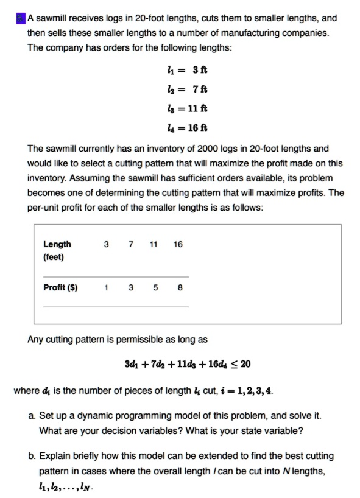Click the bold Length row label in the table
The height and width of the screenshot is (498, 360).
pos(57,244)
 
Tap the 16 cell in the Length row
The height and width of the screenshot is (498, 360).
pos(178,244)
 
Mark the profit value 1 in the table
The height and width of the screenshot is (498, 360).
pos(107,287)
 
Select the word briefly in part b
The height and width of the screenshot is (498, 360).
pos(85,455)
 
